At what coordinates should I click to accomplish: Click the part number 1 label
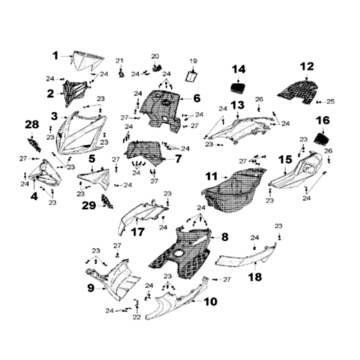pyautogui.click(x=55, y=56)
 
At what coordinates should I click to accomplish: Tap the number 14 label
pyautogui.click(x=239, y=69)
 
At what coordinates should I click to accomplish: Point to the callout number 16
pyautogui.click(x=323, y=121)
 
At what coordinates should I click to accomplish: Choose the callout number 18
pyautogui.click(x=255, y=277)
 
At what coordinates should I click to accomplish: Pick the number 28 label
pyautogui.click(x=32, y=125)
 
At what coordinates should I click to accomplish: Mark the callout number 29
pyautogui.click(x=89, y=206)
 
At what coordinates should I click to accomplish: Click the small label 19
pyautogui.click(x=193, y=61)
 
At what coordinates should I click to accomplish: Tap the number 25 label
pyautogui.click(x=331, y=102)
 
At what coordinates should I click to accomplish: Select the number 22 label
pyautogui.click(x=137, y=317)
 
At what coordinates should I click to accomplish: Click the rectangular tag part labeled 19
pyautogui.click(x=193, y=76)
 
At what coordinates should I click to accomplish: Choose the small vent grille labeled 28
pyautogui.click(x=33, y=144)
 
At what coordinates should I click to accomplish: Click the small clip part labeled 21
pyautogui.click(x=121, y=73)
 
